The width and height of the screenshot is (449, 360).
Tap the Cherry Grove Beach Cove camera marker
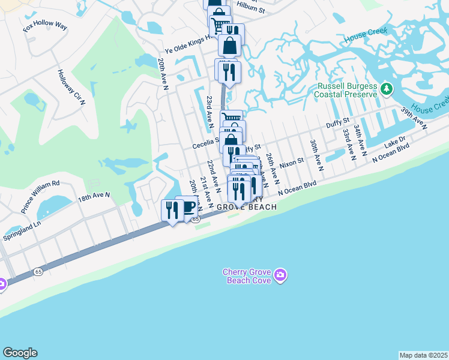(x=280, y=276)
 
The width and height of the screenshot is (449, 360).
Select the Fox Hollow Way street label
(x=45, y=28)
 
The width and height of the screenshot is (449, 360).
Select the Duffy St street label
(x=337, y=124)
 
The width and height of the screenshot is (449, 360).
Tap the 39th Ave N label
(x=414, y=119)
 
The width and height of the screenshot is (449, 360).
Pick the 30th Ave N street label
(x=316, y=155)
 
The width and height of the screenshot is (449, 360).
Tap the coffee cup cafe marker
(x=188, y=207)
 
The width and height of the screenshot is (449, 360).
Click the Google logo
(x=20, y=353)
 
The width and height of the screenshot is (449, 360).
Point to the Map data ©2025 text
(x=424, y=355)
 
